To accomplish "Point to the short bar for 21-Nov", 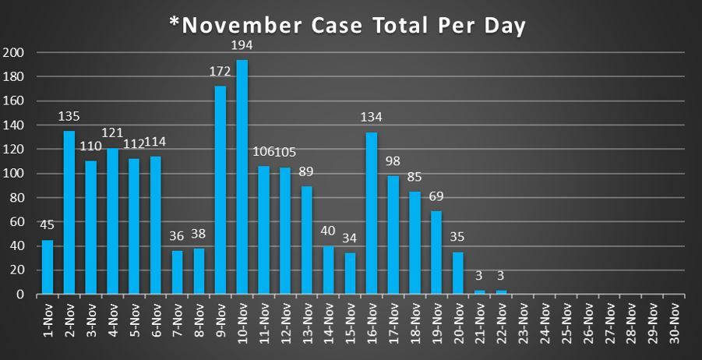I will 480,292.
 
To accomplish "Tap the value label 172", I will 220,72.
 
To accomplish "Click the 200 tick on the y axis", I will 15,53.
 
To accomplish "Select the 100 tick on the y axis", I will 15,174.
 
